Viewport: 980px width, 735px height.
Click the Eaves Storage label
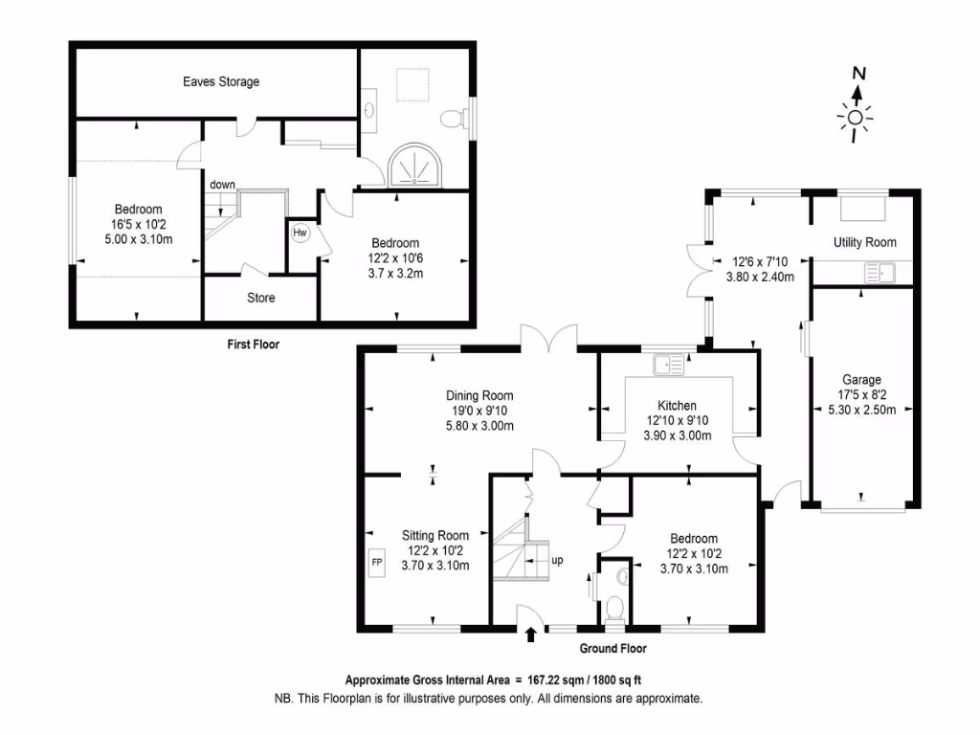pyautogui.click(x=221, y=82)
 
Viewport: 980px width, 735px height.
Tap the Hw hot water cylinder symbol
pyautogui.click(x=300, y=233)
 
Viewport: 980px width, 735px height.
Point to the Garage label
pyautogui.click(x=861, y=380)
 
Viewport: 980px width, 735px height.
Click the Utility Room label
pyautogui.click(x=865, y=242)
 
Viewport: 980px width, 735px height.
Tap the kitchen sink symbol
pyautogui.click(x=669, y=364)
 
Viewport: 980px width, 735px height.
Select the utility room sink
pyautogui.click(x=878, y=275)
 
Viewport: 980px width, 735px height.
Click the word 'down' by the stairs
pyautogui.click(x=223, y=185)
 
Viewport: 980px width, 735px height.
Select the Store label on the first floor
pyautogui.click(x=261, y=299)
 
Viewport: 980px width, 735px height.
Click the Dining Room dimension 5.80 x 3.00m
pyautogui.click(x=479, y=426)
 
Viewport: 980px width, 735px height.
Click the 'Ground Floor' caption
pyautogui.click(x=612, y=649)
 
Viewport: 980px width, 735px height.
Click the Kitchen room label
pyautogui.click(x=677, y=406)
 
